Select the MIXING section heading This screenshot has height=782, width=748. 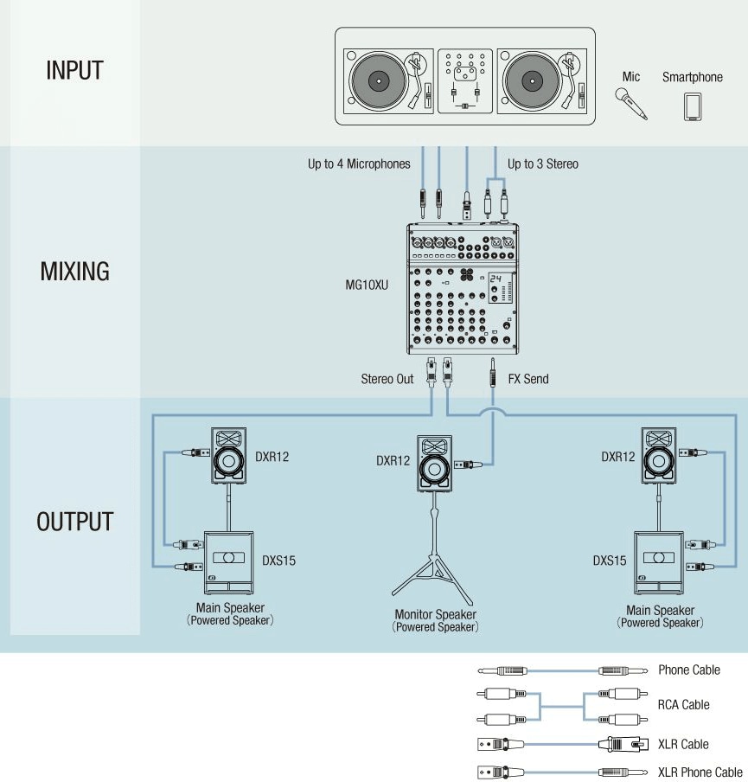(75, 271)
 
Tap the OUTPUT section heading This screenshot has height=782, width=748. (75, 522)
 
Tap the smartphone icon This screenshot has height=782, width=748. (692, 106)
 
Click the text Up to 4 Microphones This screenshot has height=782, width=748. (359, 163)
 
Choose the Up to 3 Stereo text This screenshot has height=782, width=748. (543, 163)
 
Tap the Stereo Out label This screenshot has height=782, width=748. (387, 379)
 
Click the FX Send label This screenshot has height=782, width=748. (529, 379)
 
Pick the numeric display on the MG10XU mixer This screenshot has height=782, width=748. (495, 279)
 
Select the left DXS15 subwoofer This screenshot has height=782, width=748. (228, 559)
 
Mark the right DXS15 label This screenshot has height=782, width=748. (610, 561)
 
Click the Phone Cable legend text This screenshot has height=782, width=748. (688, 670)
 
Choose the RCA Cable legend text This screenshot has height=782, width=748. (683, 704)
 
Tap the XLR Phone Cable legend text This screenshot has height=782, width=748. (700, 772)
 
